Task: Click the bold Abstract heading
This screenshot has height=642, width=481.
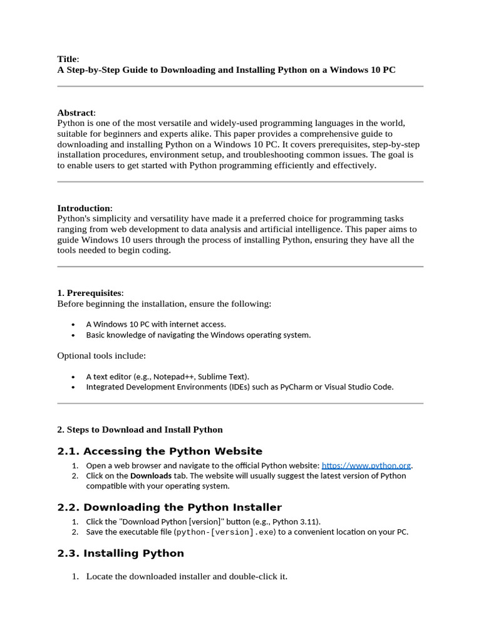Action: pyautogui.click(x=75, y=113)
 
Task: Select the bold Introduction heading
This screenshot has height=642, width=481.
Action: pyautogui.click(x=84, y=208)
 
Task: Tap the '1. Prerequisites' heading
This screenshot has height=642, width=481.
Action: pyautogui.click(x=90, y=293)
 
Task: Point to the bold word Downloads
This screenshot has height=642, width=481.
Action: pyautogui.click(x=150, y=476)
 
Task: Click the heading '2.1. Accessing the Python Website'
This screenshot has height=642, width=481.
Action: pyautogui.click(x=160, y=451)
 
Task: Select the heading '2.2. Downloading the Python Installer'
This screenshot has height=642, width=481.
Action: pyautogui.click(x=169, y=507)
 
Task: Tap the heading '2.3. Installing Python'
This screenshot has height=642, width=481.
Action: pyautogui.click(x=120, y=553)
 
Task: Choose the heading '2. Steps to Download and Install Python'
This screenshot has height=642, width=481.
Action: pyautogui.click(x=140, y=429)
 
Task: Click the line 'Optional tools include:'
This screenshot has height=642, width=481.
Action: pyautogui.click(x=101, y=355)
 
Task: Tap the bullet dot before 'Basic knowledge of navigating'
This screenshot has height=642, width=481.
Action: pyautogui.click(x=73, y=335)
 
